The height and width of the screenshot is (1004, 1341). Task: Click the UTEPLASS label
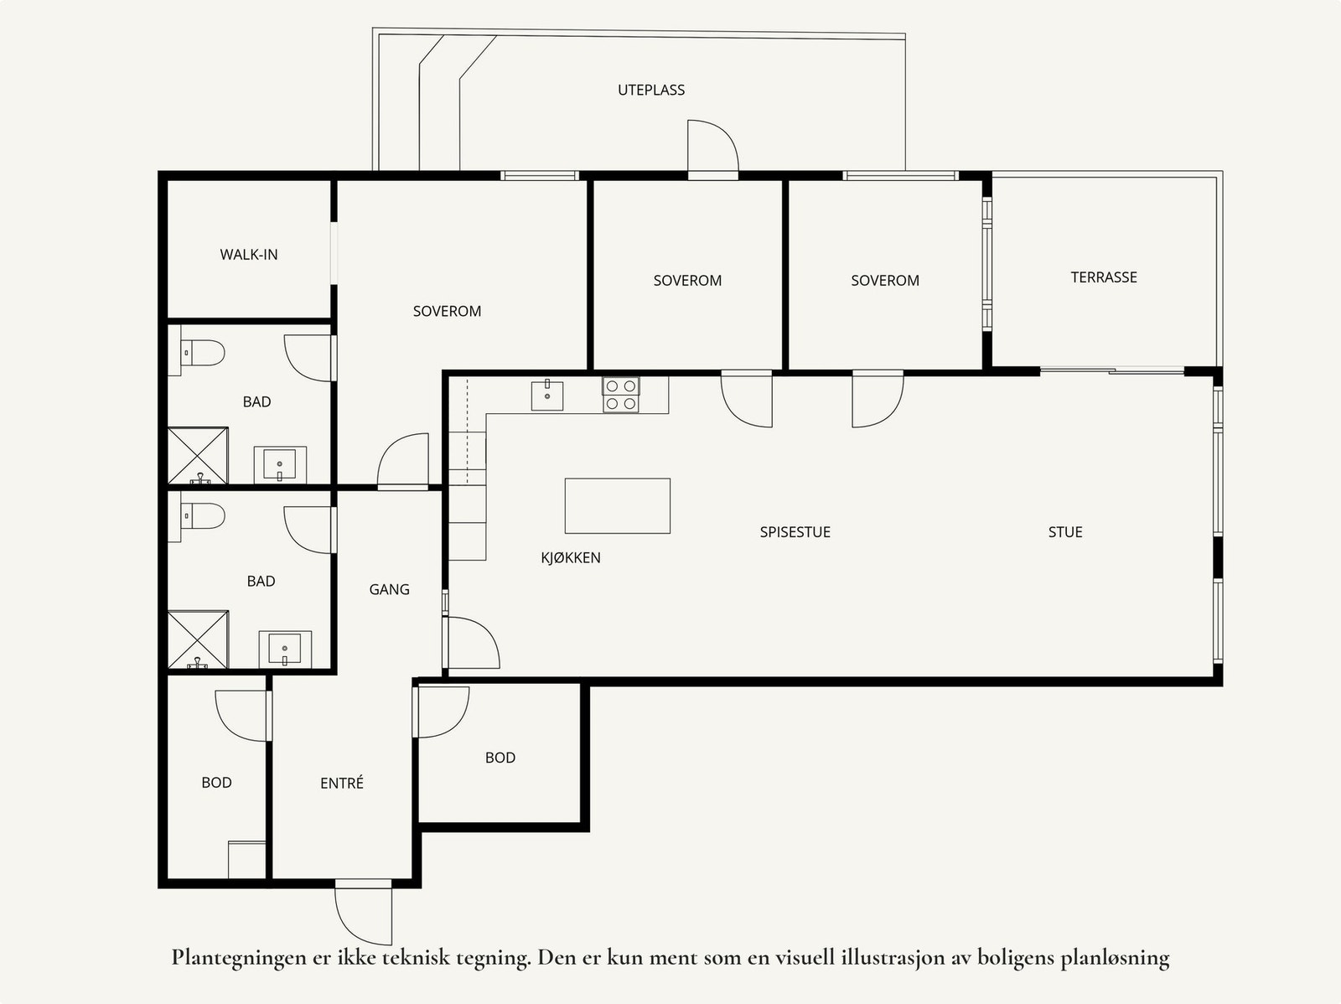point(650,90)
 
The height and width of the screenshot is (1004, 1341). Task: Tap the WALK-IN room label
point(249,255)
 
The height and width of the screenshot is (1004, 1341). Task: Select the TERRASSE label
point(1103,277)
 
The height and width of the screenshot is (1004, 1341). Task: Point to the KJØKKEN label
point(571,557)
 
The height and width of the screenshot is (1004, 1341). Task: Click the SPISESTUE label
point(795,532)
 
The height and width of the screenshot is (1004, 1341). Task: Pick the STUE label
point(1065,532)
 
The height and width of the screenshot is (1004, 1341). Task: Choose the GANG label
point(389,589)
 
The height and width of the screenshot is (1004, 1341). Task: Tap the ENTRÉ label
point(341,783)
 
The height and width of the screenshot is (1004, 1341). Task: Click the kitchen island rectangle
point(617,505)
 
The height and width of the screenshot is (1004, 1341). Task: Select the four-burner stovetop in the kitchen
point(621,395)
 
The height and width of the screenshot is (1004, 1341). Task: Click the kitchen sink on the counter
point(546,395)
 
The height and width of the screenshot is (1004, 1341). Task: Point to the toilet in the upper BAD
point(203,352)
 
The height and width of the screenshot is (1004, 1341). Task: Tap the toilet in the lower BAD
point(203,516)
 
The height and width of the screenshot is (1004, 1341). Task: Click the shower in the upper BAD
point(197,456)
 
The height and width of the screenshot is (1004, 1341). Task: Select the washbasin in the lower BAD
point(285,649)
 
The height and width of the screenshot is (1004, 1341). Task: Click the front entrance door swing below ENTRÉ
point(363,913)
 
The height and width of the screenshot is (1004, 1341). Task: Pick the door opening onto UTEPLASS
point(713,147)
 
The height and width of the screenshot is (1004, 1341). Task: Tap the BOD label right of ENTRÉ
point(500,758)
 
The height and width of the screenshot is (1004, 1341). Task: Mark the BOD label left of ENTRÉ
point(216,783)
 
